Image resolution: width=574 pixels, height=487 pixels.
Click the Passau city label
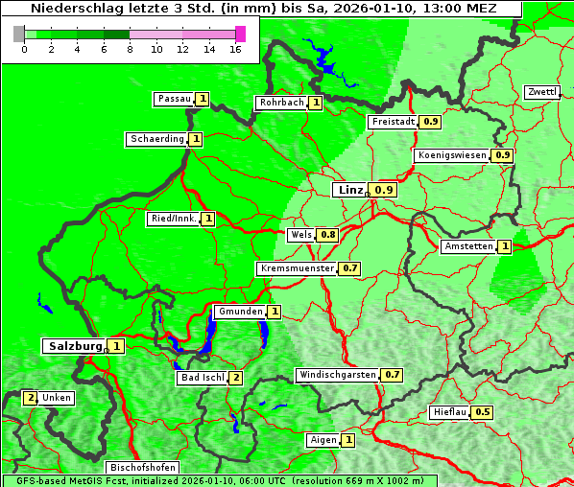[x=174, y=99]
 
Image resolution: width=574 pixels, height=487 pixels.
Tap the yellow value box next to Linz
[x=384, y=190]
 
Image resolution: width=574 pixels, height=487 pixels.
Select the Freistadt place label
[x=393, y=122]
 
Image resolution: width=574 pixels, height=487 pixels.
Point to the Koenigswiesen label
[x=452, y=155]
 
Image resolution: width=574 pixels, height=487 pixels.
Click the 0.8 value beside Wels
[x=328, y=235]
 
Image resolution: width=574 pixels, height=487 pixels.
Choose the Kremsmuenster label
[x=297, y=268]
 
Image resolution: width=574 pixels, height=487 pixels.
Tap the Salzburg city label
[x=74, y=346]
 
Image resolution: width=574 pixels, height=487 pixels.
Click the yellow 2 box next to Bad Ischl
[x=236, y=378]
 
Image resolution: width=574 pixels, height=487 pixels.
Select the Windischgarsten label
[x=337, y=375]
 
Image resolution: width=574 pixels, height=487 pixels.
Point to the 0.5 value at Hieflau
[x=483, y=412]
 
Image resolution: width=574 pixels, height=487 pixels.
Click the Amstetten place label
[x=468, y=246]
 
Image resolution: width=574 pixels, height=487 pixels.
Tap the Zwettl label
[x=541, y=92]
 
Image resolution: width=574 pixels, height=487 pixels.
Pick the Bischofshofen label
[x=142, y=468]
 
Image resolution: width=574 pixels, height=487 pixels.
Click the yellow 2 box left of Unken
[x=31, y=397]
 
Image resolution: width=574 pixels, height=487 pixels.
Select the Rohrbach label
[x=280, y=103]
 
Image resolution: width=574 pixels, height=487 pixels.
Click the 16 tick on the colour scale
[x=235, y=49]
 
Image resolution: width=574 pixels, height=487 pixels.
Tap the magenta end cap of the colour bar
[x=240, y=34]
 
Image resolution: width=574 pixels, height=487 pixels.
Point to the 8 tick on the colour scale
[x=130, y=49]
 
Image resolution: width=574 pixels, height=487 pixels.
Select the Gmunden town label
[x=239, y=312]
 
